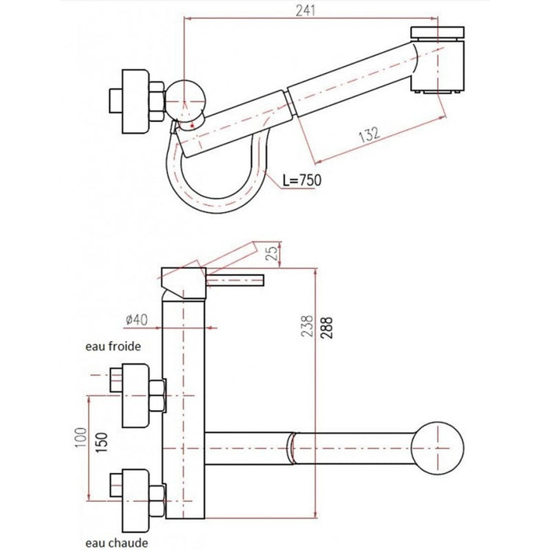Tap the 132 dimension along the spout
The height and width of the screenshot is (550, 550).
tap(366, 134)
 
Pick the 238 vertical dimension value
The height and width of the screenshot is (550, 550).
tap(307, 324)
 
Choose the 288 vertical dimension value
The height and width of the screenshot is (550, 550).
tap(321, 324)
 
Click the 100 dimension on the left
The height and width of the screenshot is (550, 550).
tap(80, 437)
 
